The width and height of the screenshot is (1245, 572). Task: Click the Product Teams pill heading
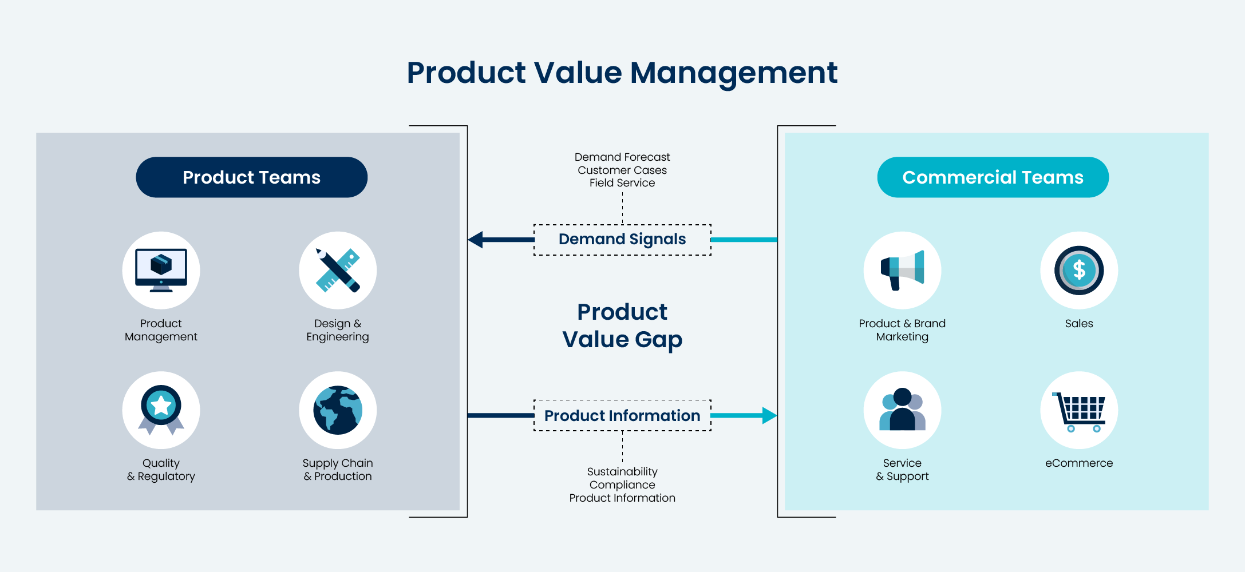(x=251, y=177)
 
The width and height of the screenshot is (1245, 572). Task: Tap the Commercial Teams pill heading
(x=993, y=177)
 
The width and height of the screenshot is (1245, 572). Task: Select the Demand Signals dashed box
(x=622, y=240)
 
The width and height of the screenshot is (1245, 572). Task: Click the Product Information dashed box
(x=622, y=416)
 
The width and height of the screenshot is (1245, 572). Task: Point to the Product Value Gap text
(x=622, y=325)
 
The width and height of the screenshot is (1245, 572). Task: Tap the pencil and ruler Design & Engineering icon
(x=338, y=270)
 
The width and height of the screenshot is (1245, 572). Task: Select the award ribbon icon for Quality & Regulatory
(x=161, y=410)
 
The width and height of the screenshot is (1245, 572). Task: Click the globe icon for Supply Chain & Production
(x=338, y=410)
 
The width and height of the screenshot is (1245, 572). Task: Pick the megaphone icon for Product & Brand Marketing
(x=902, y=270)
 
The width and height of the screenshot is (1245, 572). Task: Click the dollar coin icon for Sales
(x=1079, y=270)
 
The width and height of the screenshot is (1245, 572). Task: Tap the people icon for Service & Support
(x=902, y=410)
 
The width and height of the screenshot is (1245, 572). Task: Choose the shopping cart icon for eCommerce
(x=1079, y=411)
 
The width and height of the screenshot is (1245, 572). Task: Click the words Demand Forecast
(x=622, y=157)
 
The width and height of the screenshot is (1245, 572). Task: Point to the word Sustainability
(x=622, y=472)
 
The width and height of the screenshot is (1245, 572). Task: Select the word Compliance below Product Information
(x=622, y=485)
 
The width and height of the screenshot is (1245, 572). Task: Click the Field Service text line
(x=622, y=183)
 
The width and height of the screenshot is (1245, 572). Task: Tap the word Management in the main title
(x=734, y=73)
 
